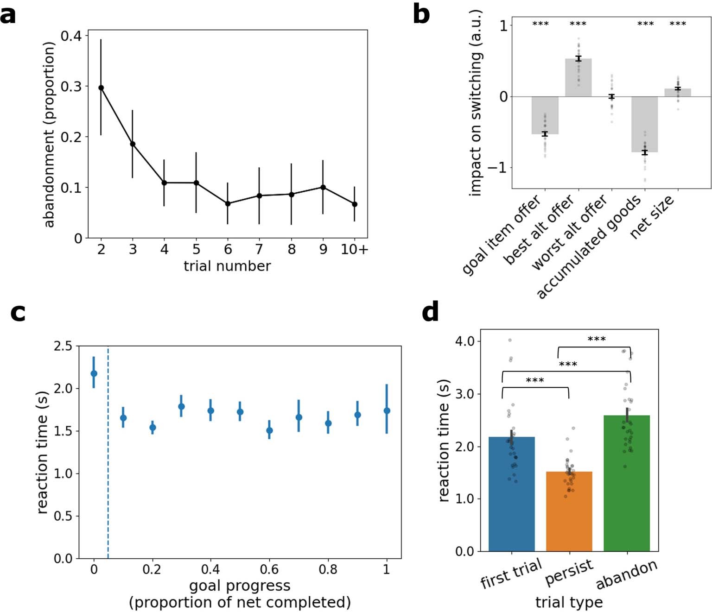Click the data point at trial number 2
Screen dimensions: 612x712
coord(101,88)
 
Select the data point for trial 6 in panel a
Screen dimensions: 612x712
coord(228,203)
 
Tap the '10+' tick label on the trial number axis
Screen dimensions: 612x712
coord(354,250)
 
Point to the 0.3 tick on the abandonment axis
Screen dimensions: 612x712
coord(71,87)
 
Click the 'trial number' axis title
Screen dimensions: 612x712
coord(227,266)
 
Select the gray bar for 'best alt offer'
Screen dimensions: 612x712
coord(578,78)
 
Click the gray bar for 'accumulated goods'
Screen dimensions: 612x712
coord(645,124)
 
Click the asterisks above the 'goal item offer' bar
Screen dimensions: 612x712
coord(540,24)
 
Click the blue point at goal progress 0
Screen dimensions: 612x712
coord(94,373)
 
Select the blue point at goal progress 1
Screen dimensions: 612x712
coord(387,411)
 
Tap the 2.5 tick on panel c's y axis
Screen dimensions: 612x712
coord(63,346)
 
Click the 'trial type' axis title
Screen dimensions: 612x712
coord(569,602)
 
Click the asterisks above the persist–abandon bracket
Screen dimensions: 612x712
coord(596,339)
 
